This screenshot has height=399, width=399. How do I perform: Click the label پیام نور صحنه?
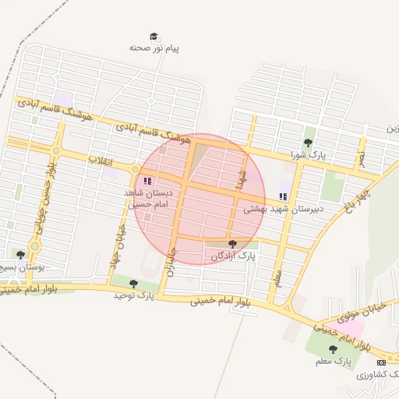pos(154,48)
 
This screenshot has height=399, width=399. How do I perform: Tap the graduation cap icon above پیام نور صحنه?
pos(154,36)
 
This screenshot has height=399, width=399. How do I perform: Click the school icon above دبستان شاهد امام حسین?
pos(147,182)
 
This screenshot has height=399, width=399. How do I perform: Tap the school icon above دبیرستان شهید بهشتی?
pos(282,197)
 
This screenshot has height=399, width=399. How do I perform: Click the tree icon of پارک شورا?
pos(309,143)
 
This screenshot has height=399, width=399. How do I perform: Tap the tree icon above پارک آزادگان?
pos(232,245)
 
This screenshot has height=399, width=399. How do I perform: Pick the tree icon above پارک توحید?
pos(133,284)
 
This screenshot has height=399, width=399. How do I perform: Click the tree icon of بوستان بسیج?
pos(20,255)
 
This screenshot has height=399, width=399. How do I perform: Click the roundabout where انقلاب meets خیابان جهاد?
pos(135,169)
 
